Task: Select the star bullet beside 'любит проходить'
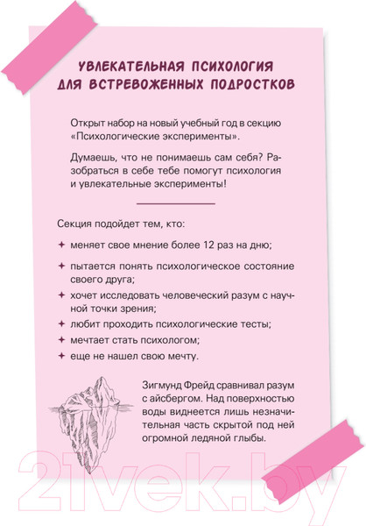(61, 323)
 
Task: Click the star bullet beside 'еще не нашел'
(61, 356)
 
